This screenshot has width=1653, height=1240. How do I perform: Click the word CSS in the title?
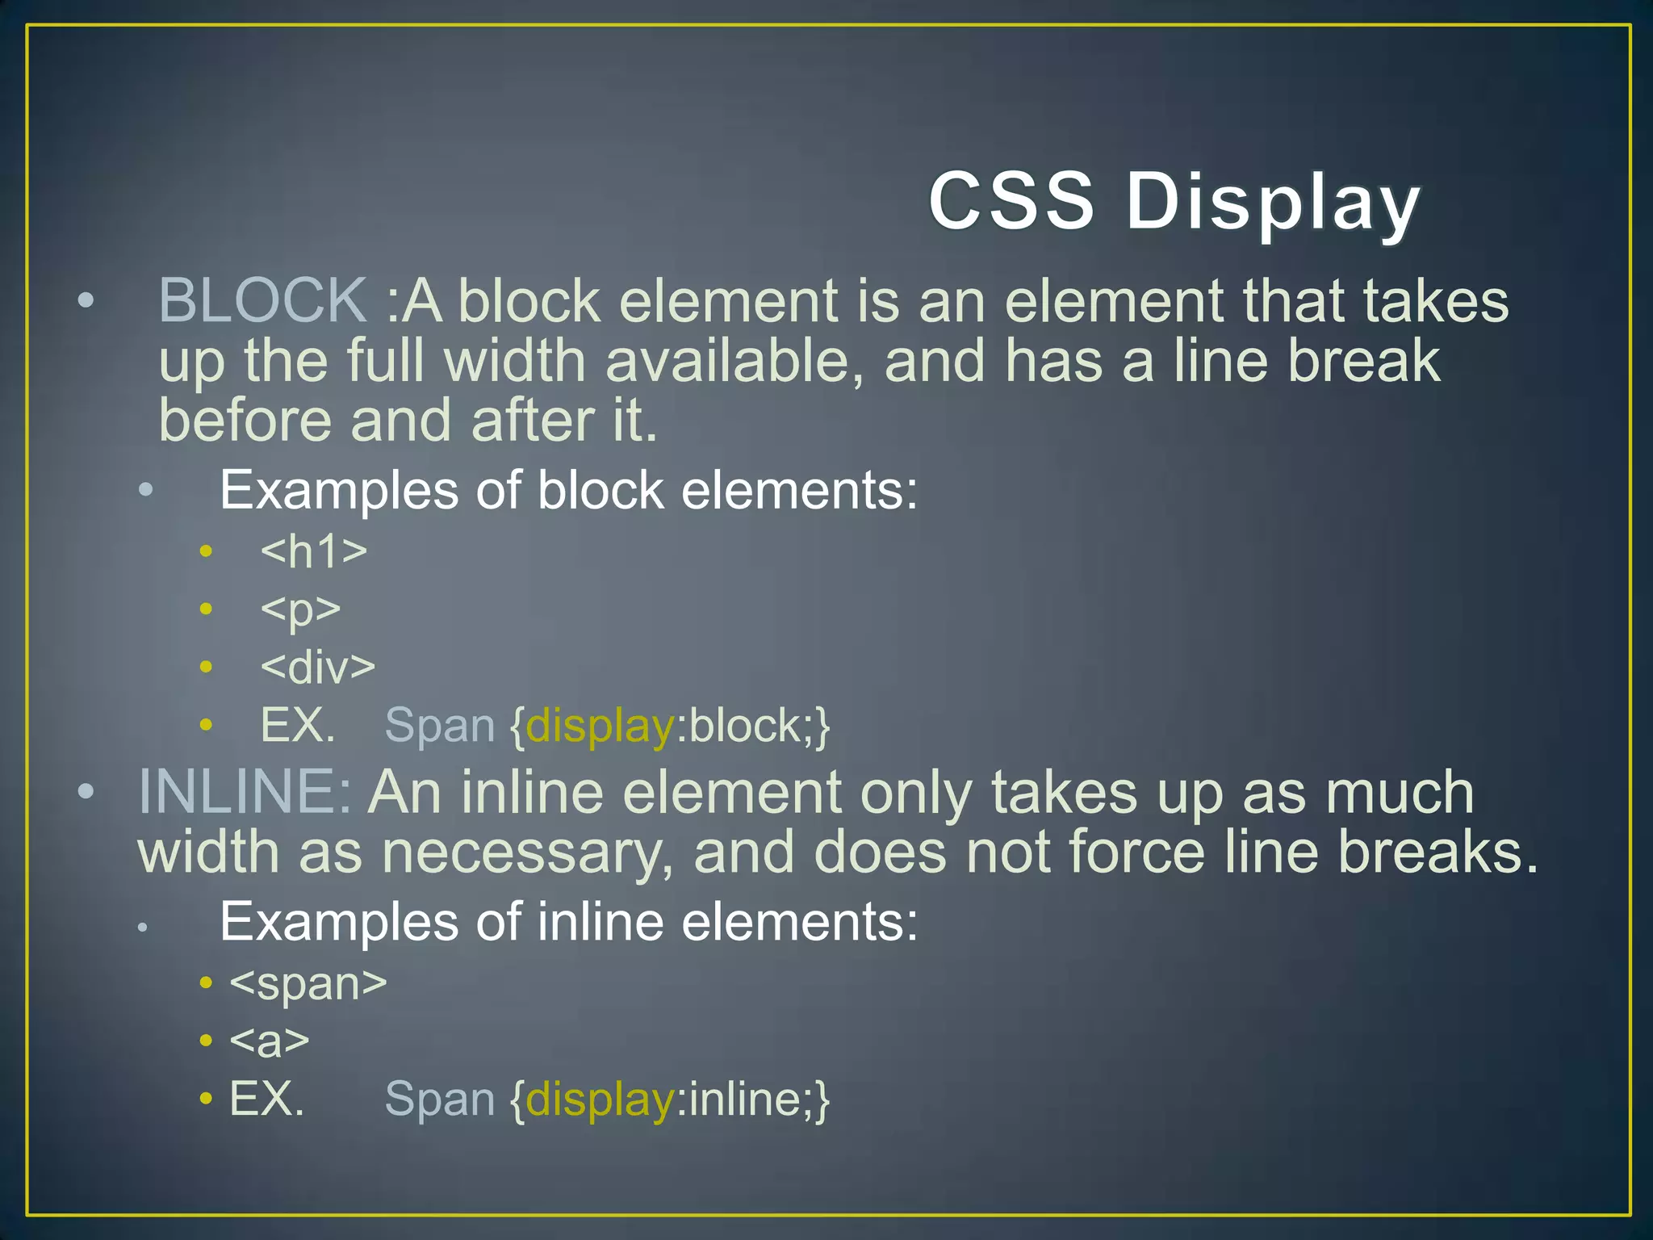click(1011, 200)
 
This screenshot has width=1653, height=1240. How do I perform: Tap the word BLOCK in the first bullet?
click(263, 300)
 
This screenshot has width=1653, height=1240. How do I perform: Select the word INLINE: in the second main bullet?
click(245, 792)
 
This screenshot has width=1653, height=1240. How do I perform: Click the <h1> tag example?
click(314, 551)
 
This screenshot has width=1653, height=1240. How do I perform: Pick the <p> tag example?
click(300, 610)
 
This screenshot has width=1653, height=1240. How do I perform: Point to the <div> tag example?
click(318, 668)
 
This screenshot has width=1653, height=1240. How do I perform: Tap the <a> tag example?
click(270, 1041)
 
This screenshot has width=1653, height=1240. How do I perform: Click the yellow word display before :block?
click(600, 727)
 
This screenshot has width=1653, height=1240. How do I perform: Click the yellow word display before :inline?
click(600, 1100)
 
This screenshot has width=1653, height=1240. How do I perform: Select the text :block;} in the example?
click(752, 727)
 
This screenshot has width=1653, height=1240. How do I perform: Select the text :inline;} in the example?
click(752, 1100)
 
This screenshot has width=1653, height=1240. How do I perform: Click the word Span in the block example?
click(440, 727)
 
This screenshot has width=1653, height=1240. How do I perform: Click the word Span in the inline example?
click(440, 1100)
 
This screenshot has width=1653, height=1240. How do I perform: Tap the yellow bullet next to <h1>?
click(207, 551)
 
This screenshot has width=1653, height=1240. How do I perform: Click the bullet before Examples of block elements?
click(145, 490)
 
